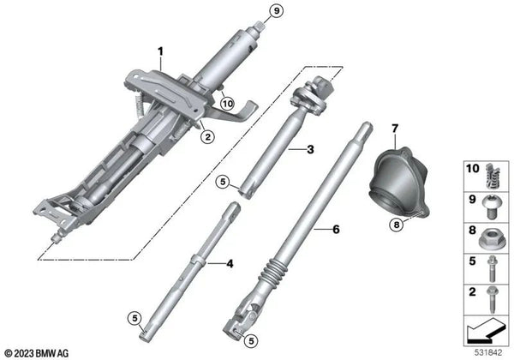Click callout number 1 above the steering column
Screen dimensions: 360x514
tap(159, 52)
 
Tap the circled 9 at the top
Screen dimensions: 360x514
tap(251, 11)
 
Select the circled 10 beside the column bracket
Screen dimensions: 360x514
tap(226, 104)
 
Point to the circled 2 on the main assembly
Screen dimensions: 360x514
tap(206, 135)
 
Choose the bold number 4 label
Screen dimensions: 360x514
tap(229, 264)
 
